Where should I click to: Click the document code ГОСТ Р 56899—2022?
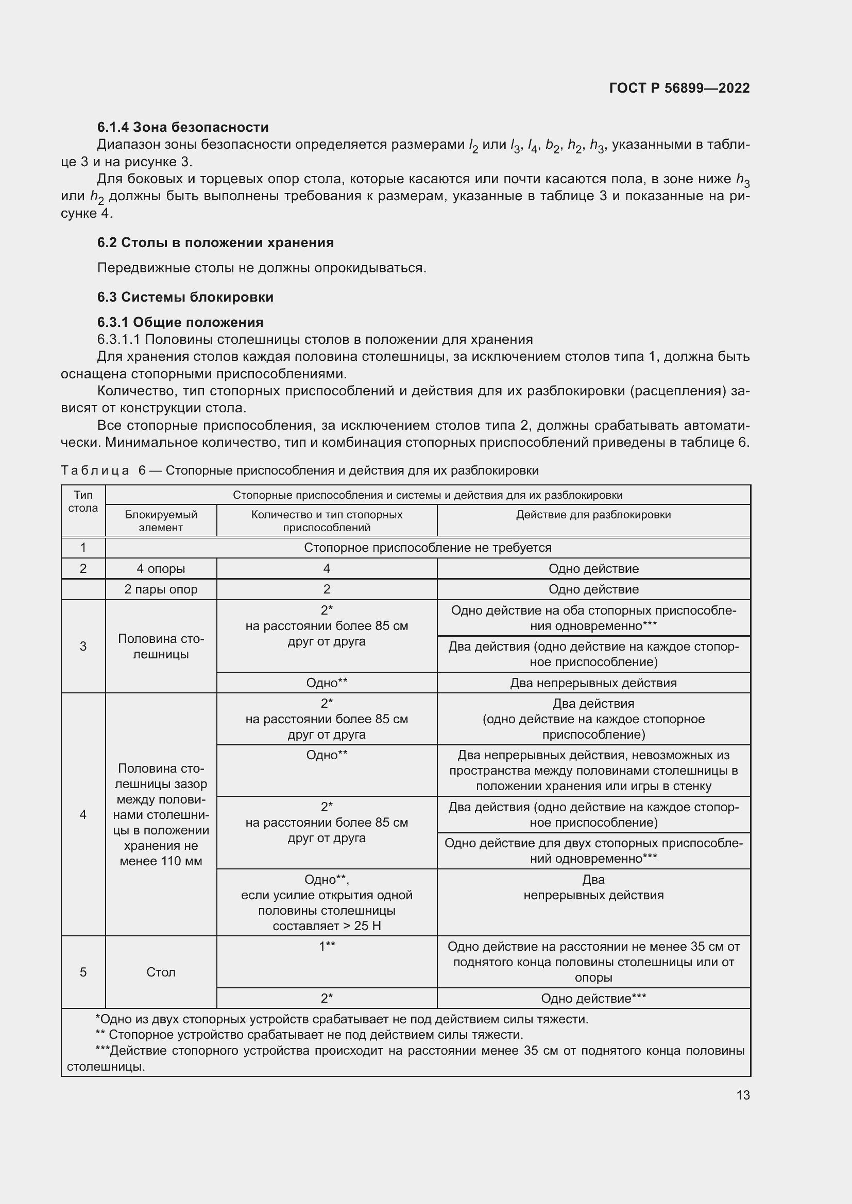click(679, 88)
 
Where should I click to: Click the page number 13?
click(742, 1095)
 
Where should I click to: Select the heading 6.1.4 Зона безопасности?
click(182, 128)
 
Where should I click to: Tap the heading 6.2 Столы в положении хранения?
click(215, 243)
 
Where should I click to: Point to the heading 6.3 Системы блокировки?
click(185, 298)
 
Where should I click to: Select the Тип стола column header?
click(83, 502)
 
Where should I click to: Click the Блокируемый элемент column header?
click(161, 521)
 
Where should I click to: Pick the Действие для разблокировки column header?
click(593, 515)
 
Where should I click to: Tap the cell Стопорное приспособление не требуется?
click(428, 548)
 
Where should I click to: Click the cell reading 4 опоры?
click(161, 569)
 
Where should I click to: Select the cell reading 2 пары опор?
click(161, 589)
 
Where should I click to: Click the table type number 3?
click(83, 646)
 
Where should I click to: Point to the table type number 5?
click(83, 972)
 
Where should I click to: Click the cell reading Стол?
click(161, 972)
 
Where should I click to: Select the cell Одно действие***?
click(593, 999)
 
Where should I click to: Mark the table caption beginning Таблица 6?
click(299, 470)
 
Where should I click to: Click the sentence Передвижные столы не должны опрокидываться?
click(261, 268)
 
